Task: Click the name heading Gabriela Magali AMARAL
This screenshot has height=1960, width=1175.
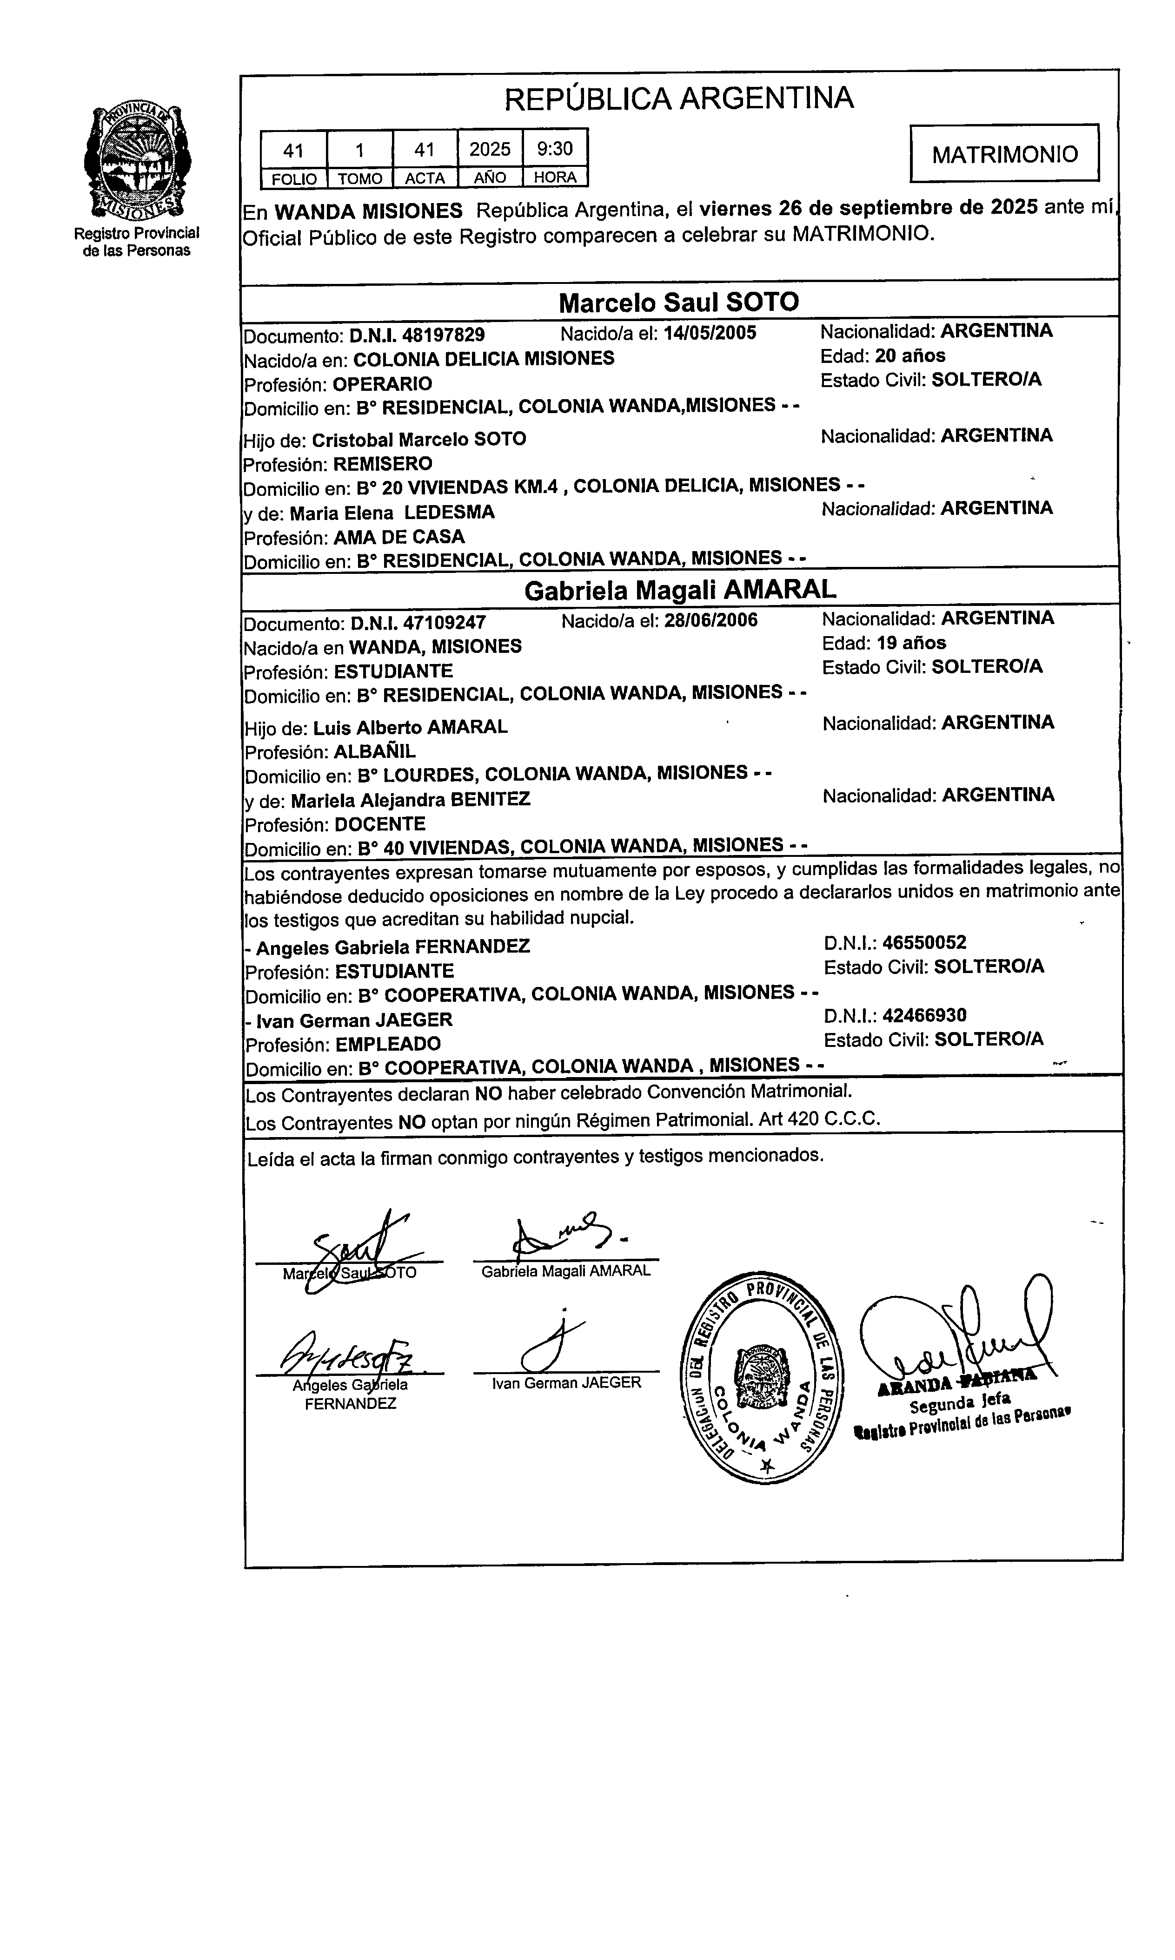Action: click(x=679, y=590)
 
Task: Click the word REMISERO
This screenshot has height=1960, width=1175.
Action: click(x=382, y=464)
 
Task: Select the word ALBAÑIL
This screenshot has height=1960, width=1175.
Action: click(x=374, y=752)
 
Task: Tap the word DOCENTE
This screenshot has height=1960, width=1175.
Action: click(x=380, y=824)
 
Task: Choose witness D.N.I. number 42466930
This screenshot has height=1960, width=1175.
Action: click(x=924, y=1016)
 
